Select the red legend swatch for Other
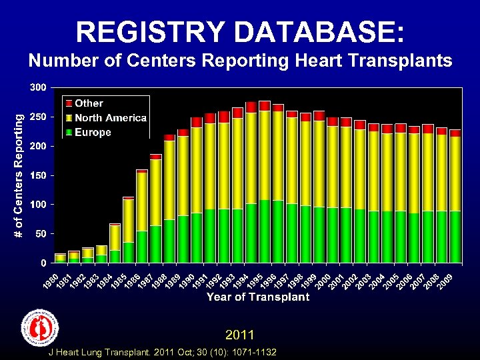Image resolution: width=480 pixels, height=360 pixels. (68, 103)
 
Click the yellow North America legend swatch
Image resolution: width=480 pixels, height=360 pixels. (68, 118)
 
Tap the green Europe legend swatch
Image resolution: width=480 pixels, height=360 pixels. (68, 132)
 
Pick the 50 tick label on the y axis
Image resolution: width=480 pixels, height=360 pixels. (41, 233)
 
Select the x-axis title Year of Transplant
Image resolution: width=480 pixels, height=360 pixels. (258, 297)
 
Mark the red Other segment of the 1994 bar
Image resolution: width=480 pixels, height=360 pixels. (251, 107)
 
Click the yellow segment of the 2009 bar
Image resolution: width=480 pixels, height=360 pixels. (455, 173)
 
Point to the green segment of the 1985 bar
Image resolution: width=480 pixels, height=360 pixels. (129, 252)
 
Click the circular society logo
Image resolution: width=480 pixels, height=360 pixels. (41, 328)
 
